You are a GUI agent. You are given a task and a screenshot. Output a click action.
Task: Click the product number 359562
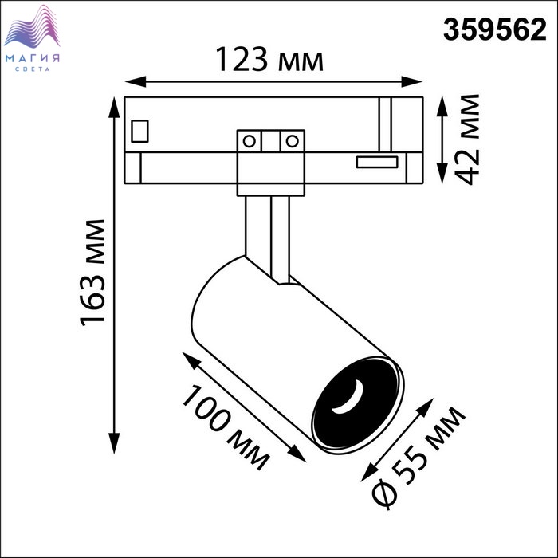(494, 30)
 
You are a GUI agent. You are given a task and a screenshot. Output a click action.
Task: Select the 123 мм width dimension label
(269, 60)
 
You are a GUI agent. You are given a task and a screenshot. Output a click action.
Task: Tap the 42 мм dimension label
(467, 139)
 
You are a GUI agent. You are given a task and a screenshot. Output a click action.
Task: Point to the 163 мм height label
(92, 273)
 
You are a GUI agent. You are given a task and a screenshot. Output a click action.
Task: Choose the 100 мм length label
(226, 428)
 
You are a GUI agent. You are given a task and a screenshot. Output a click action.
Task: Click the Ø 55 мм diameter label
(418, 458)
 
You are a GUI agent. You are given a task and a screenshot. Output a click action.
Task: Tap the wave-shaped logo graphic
(32, 27)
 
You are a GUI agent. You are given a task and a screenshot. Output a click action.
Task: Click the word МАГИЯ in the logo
(33, 58)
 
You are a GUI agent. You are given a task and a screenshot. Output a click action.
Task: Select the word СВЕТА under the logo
(33, 69)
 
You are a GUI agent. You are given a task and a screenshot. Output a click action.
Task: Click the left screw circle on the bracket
(249, 141)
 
